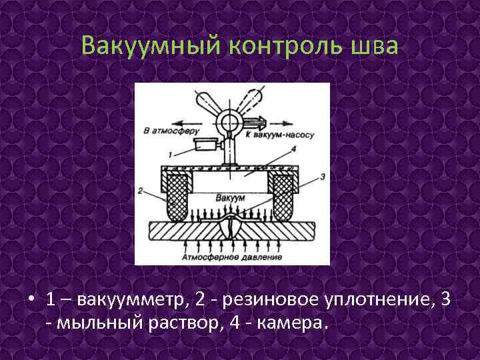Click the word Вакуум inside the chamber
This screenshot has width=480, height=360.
[x=230, y=199]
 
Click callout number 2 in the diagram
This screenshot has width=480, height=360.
[x=141, y=191]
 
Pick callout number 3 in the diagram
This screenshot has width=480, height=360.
[x=322, y=176]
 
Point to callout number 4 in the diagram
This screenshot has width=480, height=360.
[x=292, y=150]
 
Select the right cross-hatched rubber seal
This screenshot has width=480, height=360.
[x=281, y=198]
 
